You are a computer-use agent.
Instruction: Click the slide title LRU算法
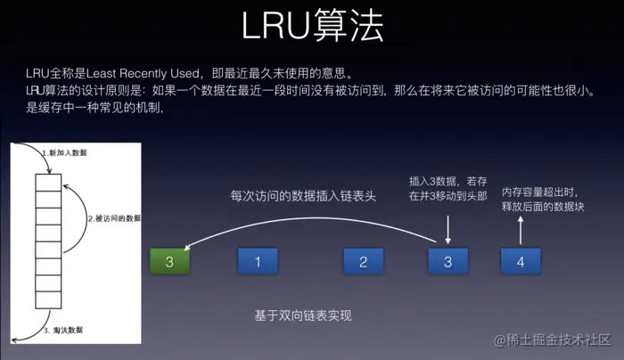click(x=312, y=26)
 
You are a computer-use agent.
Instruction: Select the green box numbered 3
click(x=169, y=262)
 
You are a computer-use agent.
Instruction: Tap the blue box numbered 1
click(x=258, y=262)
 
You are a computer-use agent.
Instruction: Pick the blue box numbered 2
click(x=363, y=262)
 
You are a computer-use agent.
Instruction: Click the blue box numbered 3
click(x=447, y=262)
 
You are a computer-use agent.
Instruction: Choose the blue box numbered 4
click(x=521, y=262)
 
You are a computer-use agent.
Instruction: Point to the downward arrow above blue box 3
click(x=447, y=231)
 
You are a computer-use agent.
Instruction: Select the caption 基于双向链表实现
click(x=304, y=315)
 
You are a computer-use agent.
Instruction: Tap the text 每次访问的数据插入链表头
click(x=303, y=196)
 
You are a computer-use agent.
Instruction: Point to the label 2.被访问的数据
click(x=114, y=218)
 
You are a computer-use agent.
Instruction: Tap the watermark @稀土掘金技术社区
click(x=544, y=340)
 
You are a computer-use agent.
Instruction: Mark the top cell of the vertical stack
click(x=48, y=182)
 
